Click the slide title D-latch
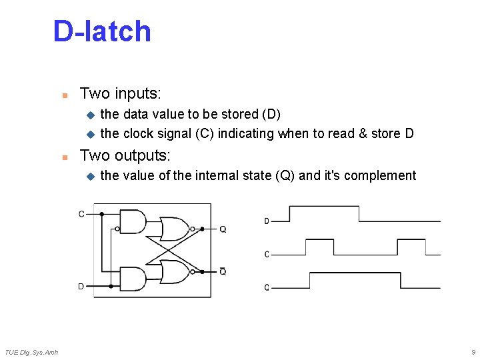(102, 31)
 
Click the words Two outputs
(125, 155)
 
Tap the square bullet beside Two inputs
(65, 94)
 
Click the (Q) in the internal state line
(285, 175)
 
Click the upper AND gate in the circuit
(132, 221)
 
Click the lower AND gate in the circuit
(132, 279)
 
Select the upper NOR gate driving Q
(175, 229)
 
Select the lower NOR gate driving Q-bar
(175, 271)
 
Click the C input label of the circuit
(81, 214)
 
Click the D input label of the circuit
(81, 286)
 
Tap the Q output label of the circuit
(223, 229)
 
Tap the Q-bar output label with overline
(223, 271)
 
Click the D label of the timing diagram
(267, 221)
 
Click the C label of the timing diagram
(267, 254)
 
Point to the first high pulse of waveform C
(319, 247)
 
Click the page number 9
(473, 352)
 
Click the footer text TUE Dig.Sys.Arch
(31, 352)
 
